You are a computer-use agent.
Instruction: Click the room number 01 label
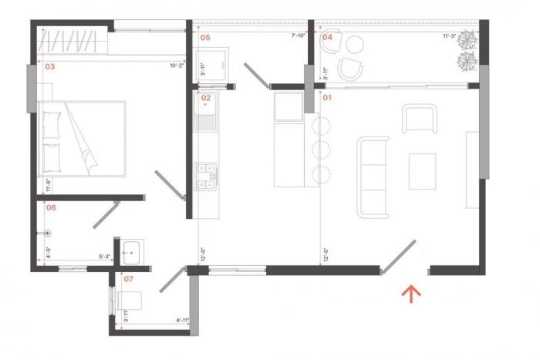(326, 98)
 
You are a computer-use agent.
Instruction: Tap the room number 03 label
(49, 67)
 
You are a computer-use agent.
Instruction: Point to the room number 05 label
(205, 36)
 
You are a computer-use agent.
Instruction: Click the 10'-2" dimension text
(177, 66)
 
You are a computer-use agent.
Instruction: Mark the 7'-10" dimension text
(299, 35)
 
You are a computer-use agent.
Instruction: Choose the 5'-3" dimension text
(104, 257)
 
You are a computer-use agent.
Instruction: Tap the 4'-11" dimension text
(182, 320)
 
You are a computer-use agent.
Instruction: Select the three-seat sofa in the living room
(373, 176)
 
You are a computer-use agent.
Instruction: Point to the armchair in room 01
(419, 119)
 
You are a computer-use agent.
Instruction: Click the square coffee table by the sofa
(422, 171)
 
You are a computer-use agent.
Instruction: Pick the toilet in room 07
(129, 301)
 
